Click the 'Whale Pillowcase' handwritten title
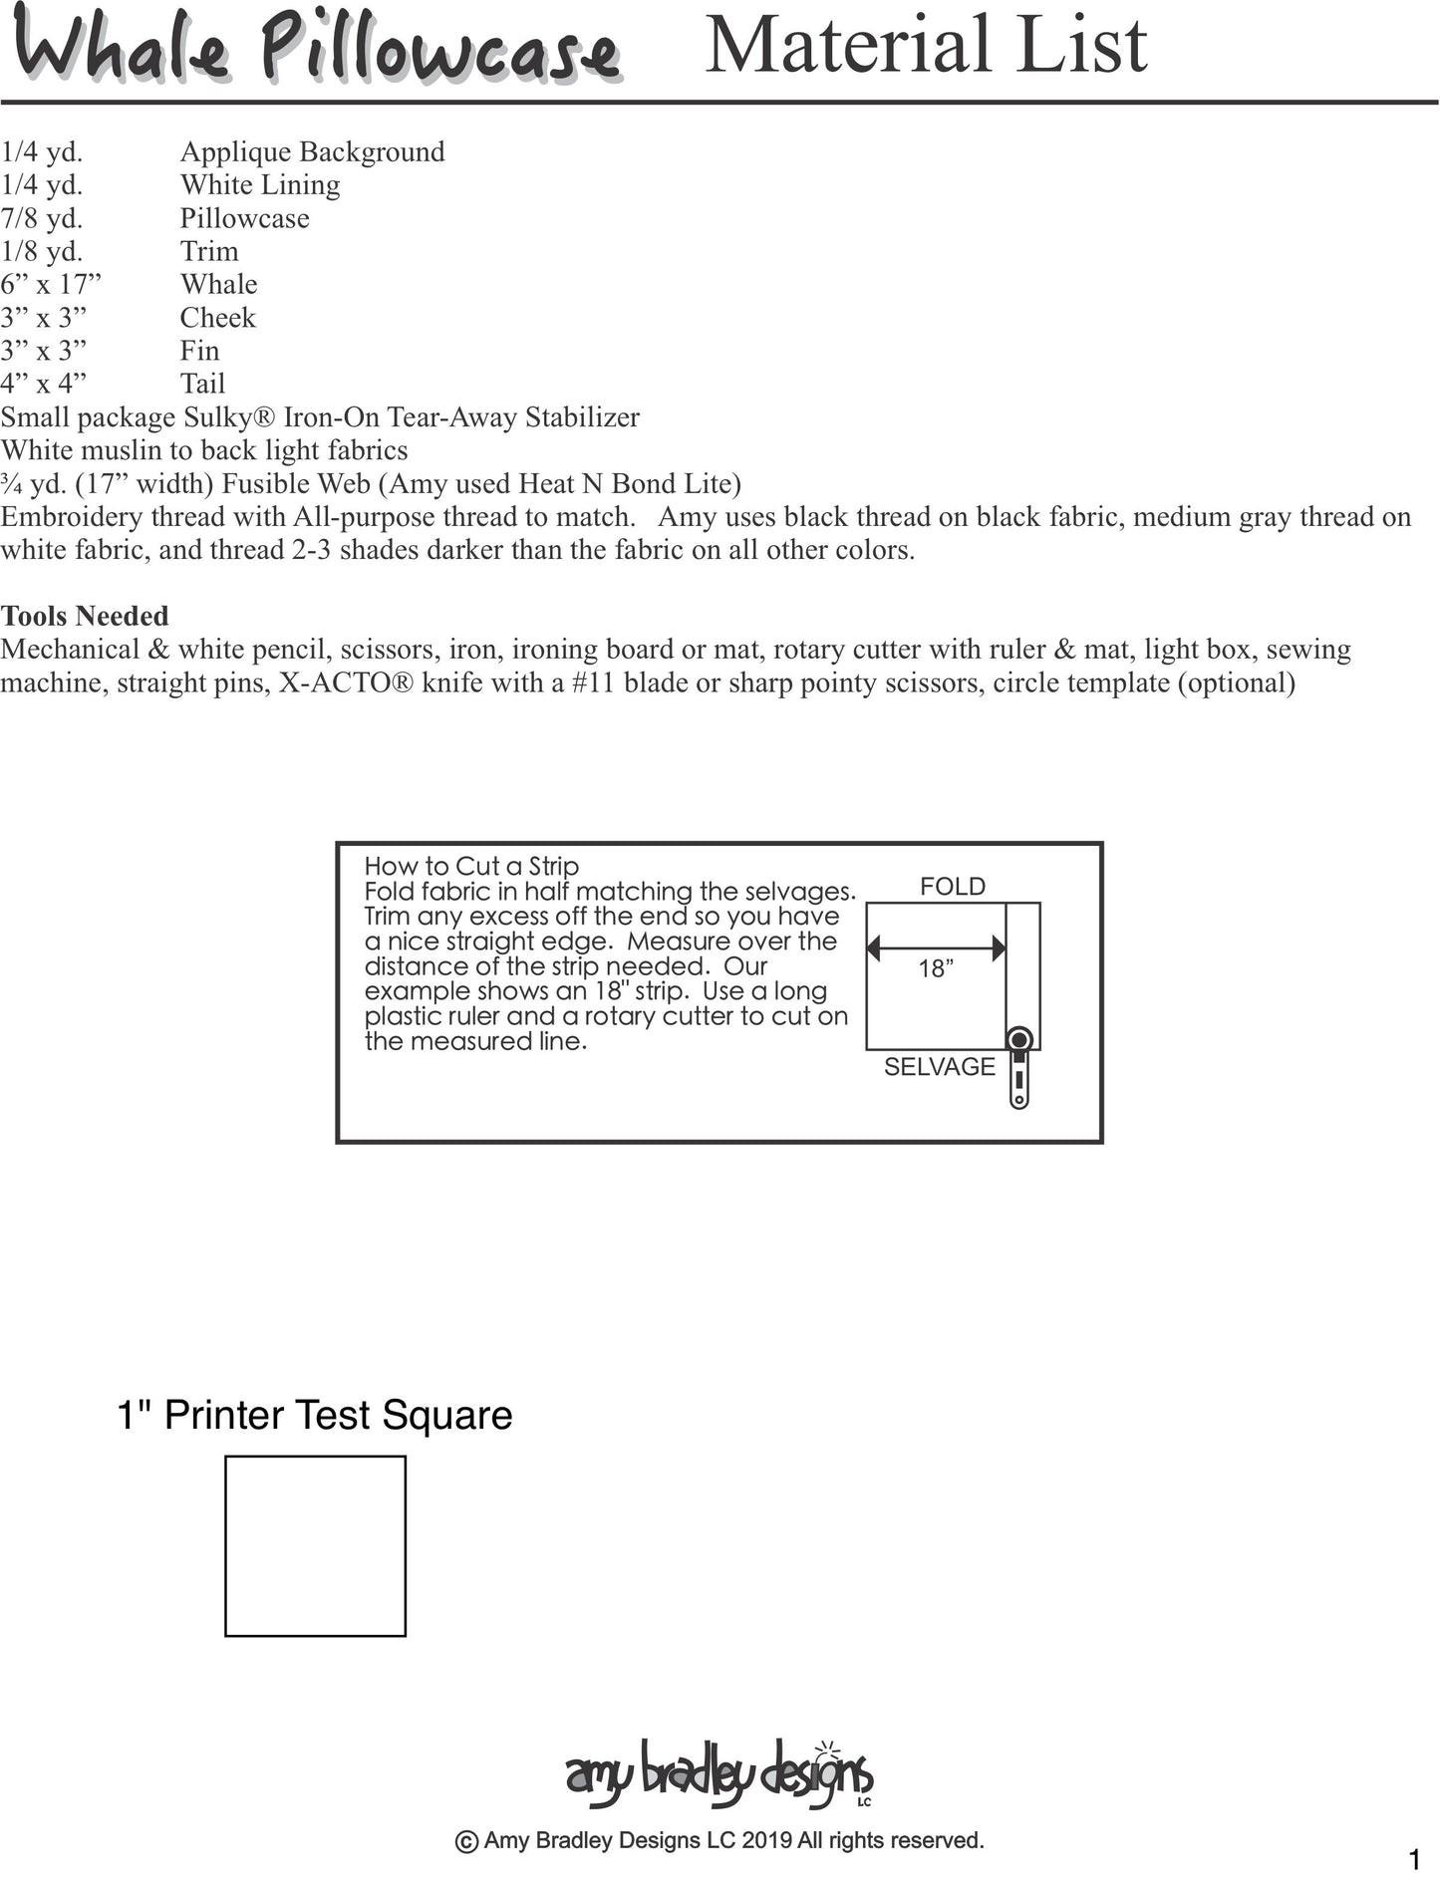pos(317,50)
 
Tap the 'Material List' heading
pos(926,45)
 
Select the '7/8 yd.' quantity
pos(42,218)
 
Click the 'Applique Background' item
pos(312,151)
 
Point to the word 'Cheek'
pos(217,318)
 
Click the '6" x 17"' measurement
pos(51,285)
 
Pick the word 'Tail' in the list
pos(202,384)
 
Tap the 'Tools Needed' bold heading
pos(85,616)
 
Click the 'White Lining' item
pos(259,185)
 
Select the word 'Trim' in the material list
pos(209,251)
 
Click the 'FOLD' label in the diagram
pos(952,887)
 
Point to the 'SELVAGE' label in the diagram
pos(939,1067)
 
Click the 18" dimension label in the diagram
pos(936,968)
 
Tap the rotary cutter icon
pos(1018,1068)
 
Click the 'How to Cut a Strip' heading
pos(471,866)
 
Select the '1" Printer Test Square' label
pos(315,1416)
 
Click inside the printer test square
pos(315,1546)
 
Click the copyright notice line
pos(719,1841)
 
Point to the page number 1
pos(1414,1859)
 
